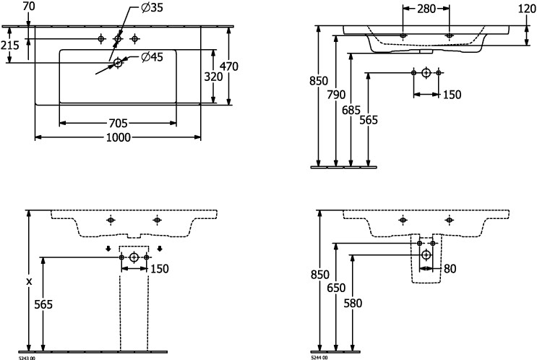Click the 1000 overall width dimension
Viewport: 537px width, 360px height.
pyautogui.click(x=119, y=138)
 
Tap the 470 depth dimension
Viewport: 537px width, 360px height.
pyautogui.click(x=229, y=67)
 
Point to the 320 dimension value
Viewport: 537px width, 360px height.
pyautogui.click(x=214, y=76)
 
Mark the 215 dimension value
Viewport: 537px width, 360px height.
pyautogui.click(x=9, y=45)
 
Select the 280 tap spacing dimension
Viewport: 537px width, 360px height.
pyautogui.click(x=426, y=9)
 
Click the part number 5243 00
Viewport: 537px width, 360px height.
pyautogui.click(x=27, y=357)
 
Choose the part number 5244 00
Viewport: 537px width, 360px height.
pyautogui.click(x=319, y=357)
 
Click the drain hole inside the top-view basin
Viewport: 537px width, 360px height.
pyautogui.click(x=118, y=64)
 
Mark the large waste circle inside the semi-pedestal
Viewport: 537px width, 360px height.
pyautogui.click(x=426, y=255)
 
